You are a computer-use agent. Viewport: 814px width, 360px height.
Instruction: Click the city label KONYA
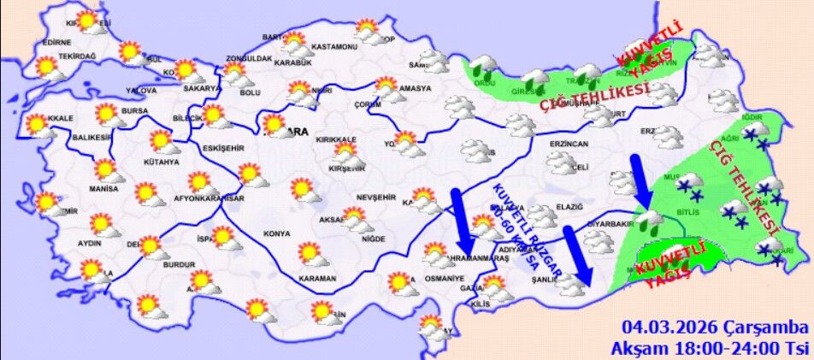click(277, 233)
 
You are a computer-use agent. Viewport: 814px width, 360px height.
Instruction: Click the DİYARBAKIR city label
click(610, 225)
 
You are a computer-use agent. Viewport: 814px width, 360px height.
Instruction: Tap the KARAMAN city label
click(317, 279)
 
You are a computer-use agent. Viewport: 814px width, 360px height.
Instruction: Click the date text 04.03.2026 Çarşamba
click(715, 328)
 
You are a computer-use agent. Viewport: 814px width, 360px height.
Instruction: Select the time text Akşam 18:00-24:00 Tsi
click(708, 348)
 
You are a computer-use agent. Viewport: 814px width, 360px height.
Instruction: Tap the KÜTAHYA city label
click(162, 162)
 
